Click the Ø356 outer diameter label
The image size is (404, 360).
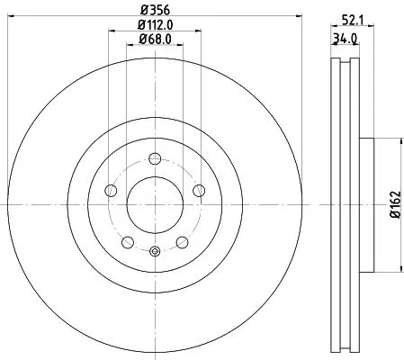[x=154, y=12]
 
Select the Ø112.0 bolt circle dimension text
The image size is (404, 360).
[x=156, y=25]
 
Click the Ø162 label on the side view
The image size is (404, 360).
[x=392, y=206]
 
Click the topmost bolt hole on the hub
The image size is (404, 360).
[x=154, y=159]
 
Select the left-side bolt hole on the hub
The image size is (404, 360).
[x=111, y=191]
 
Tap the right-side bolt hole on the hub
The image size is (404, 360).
[x=198, y=191]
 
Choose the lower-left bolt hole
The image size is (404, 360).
[x=127, y=241]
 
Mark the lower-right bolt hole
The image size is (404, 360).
[x=182, y=241]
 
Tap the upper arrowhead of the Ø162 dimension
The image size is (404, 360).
[x=399, y=139]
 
